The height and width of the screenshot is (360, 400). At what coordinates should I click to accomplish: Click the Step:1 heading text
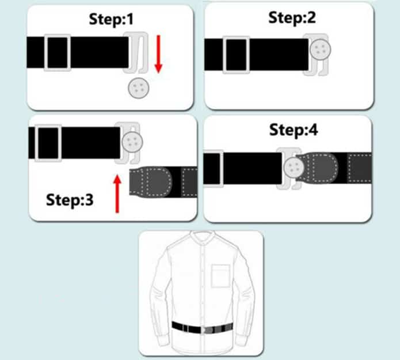click(111, 19)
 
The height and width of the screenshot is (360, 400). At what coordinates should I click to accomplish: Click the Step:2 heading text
click(292, 18)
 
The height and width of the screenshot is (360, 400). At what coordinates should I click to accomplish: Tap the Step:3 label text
click(70, 200)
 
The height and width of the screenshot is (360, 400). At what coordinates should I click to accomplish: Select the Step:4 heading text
click(294, 130)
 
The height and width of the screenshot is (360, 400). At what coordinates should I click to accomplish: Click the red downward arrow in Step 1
click(158, 54)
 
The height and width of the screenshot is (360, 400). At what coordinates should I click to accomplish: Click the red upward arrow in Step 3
click(117, 194)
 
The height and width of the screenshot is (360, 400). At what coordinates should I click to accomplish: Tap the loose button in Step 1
click(138, 88)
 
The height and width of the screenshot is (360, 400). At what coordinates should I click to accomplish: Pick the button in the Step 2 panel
click(321, 50)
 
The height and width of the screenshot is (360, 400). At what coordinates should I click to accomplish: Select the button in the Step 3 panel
click(132, 142)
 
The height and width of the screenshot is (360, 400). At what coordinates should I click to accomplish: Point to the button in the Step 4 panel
click(294, 168)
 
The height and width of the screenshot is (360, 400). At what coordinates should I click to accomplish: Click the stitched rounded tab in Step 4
click(318, 168)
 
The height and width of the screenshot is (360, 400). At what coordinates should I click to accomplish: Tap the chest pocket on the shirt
click(220, 276)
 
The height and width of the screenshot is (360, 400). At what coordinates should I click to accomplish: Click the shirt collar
click(203, 237)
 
